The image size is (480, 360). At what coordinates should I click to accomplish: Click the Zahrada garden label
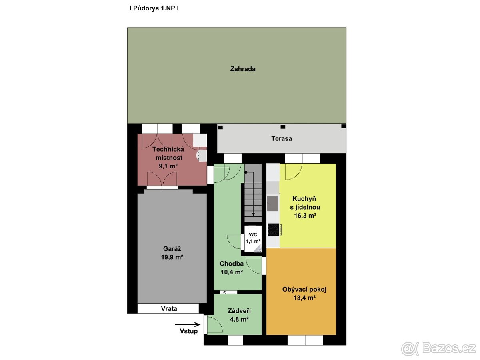(242, 69)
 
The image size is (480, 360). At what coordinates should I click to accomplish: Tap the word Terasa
(282, 138)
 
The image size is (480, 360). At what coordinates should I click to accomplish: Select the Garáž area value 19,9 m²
(172, 257)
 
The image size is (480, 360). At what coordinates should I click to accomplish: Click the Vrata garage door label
(169, 309)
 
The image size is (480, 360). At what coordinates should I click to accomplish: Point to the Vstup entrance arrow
(188, 325)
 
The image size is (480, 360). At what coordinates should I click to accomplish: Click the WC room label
(253, 235)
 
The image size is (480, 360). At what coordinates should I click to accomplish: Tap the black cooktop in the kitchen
(273, 230)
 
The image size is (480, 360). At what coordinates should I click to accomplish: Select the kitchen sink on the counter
(272, 203)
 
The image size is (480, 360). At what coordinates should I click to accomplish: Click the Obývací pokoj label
(304, 290)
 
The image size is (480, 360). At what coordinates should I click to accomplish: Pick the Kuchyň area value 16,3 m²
(305, 216)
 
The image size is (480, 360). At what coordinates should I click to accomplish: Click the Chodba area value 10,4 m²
(232, 272)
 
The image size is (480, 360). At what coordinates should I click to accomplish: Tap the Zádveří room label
(239, 311)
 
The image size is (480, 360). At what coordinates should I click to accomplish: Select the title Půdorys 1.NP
(154, 8)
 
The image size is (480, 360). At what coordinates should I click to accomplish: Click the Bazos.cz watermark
(438, 348)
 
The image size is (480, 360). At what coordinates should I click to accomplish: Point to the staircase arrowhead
(254, 215)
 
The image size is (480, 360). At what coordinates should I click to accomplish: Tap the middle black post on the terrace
(283, 127)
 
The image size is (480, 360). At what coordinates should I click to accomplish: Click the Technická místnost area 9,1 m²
(168, 166)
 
